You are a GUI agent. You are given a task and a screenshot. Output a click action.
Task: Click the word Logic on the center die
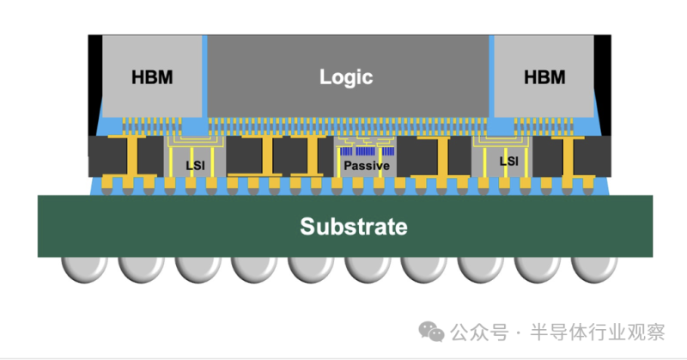point(346,76)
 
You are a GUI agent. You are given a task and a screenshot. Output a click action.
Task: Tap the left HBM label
point(152,77)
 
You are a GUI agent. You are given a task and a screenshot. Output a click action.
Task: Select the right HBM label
point(544,77)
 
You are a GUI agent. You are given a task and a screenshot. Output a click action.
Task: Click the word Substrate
point(353,227)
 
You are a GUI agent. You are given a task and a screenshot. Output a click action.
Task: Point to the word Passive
point(367,165)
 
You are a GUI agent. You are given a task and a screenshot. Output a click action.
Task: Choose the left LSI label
point(195,162)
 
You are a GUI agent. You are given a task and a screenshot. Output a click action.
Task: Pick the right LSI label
point(508,161)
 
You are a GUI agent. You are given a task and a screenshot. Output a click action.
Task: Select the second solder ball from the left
point(141,268)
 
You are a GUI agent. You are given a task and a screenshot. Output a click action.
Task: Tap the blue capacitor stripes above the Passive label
point(367,150)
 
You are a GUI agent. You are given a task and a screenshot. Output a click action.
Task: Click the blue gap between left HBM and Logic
point(206,77)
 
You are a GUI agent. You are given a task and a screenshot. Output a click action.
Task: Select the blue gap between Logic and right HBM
point(491,77)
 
